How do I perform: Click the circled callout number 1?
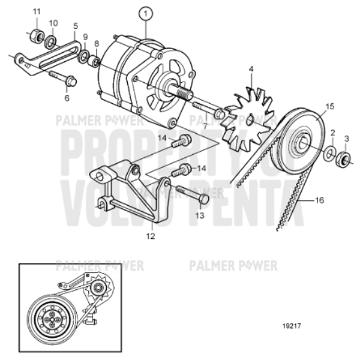pos(146,11)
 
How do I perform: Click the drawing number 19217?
pos(290,328)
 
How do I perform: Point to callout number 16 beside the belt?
pos(319,200)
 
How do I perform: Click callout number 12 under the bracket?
pos(151,236)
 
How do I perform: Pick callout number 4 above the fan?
pos(251,69)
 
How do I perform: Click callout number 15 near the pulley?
pos(329,107)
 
